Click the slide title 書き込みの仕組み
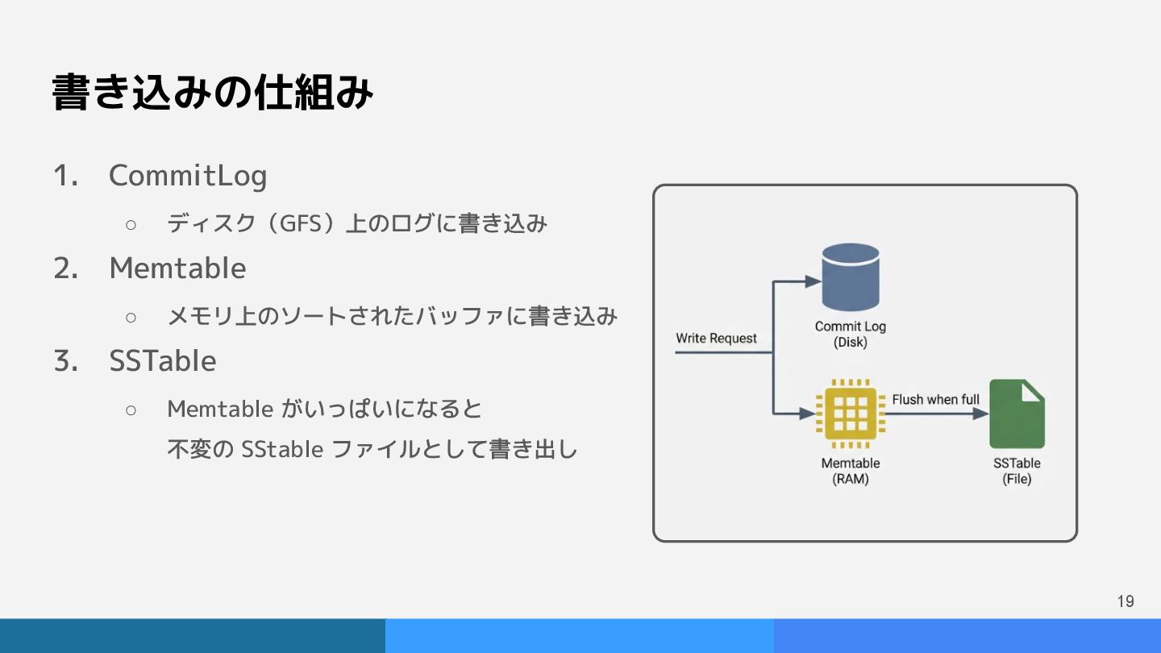[213, 93]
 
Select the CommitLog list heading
[188, 175]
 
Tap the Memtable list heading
[177, 268]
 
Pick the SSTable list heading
[163, 360]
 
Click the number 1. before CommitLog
[65, 175]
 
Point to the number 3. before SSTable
[65, 360]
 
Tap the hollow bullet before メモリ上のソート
[131, 316]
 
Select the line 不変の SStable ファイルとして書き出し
[372, 448]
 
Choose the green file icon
[1017, 414]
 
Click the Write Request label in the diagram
[716, 338]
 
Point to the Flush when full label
[935, 399]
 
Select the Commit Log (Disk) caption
[850, 334]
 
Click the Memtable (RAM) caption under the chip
[850, 471]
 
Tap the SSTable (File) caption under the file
[1017, 471]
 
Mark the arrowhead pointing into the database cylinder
[814, 281]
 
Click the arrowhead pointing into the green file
[981, 414]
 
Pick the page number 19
[1126, 601]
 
